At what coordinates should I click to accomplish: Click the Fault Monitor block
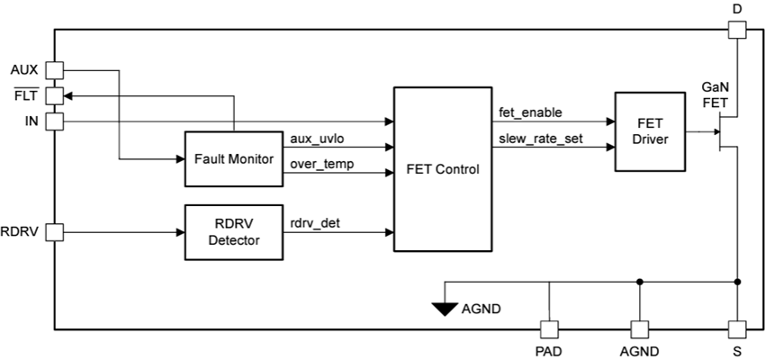click(234, 158)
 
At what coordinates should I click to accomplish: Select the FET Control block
click(442, 168)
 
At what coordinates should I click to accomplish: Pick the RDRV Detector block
click(234, 232)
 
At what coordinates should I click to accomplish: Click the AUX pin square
click(55, 70)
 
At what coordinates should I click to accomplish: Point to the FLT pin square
click(55, 94)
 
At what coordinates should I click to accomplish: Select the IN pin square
click(55, 120)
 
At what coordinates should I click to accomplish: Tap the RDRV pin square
click(55, 232)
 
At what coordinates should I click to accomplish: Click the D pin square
click(737, 30)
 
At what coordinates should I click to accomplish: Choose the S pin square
click(737, 329)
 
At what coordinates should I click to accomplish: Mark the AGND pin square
click(639, 329)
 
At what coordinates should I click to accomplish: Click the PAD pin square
click(548, 329)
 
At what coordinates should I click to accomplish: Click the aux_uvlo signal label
click(316, 138)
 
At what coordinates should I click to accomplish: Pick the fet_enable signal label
click(530, 112)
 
